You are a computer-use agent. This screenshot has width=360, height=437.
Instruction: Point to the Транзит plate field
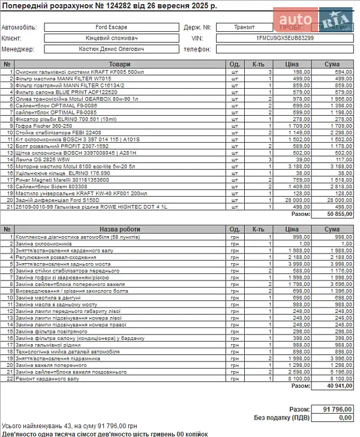click(244, 27)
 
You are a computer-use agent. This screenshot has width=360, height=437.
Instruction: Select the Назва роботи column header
click(120, 230)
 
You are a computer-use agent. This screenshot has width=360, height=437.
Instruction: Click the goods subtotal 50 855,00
click(340, 213)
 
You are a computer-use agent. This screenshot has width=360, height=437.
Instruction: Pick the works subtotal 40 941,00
click(340, 386)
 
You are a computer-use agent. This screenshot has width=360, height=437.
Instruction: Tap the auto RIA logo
click(319, 19)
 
